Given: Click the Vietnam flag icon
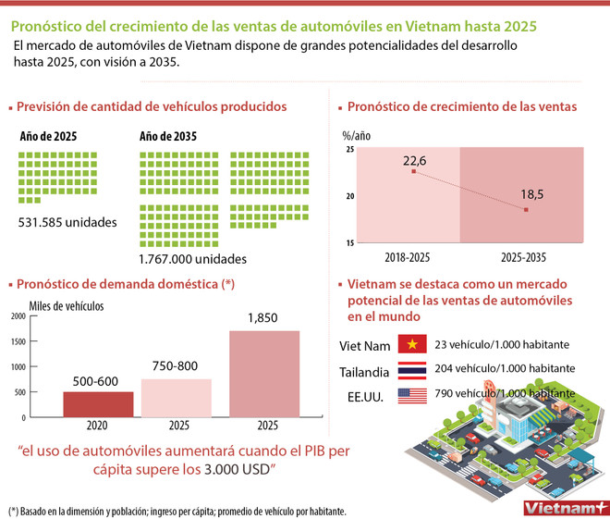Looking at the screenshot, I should [409, 344].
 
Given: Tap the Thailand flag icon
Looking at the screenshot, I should [409, 368].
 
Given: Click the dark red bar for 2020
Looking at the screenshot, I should [98, 404].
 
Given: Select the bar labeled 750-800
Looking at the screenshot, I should [176, 398].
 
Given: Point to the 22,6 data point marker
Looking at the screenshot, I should [413, 171].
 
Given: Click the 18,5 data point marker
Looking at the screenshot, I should [526, 210].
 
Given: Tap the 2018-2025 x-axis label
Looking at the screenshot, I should [407, 256].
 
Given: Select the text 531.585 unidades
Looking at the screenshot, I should [68, 222].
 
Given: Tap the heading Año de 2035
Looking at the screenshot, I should [167, 137].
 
